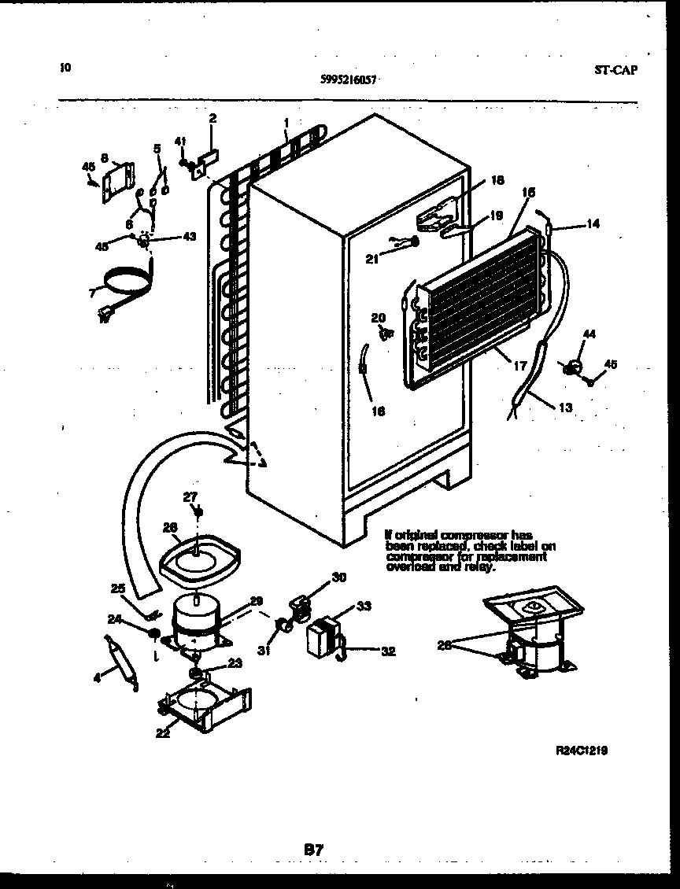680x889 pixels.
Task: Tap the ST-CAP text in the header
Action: point(615,69)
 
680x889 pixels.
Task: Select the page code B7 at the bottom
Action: point(314,849)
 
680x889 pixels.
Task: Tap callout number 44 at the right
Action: point(589,334)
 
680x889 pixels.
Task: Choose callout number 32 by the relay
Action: point(388,651)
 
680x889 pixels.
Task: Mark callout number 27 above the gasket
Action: point(190,496)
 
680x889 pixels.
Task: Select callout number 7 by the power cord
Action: point(92,293)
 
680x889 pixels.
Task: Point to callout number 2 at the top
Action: point(213,119)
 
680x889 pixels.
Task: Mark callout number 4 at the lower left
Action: point(98,676)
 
